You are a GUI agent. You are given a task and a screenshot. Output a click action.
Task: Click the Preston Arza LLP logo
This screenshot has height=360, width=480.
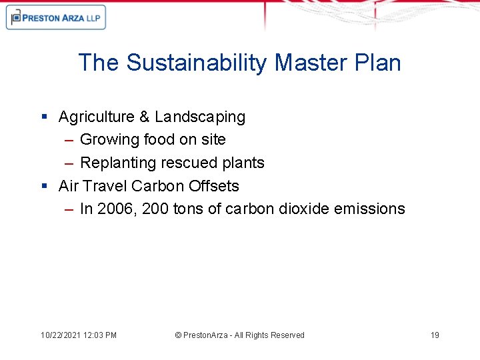click(56, 18)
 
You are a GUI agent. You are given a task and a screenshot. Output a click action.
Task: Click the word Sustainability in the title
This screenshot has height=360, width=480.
click(197, 63)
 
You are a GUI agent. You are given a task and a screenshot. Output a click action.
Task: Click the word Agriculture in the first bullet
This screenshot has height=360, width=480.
click(97, 117)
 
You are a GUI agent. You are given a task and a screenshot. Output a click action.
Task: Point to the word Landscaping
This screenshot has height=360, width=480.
click(200, 117)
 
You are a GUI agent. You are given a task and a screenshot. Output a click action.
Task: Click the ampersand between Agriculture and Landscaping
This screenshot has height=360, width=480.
click(145, 117)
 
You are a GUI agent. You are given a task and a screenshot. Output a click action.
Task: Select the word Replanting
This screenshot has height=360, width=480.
click(115, 163)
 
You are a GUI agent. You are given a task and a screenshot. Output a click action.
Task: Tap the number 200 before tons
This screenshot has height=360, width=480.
click(151, 209)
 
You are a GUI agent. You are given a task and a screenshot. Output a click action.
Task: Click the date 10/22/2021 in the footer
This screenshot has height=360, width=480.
click(61, 335)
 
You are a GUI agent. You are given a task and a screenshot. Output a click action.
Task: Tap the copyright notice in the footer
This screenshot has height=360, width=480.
click(239, 335)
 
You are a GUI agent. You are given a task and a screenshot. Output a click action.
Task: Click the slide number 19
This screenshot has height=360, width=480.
click(435, 335)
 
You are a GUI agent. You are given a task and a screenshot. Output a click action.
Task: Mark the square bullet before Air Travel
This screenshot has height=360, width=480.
click(44, 186)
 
